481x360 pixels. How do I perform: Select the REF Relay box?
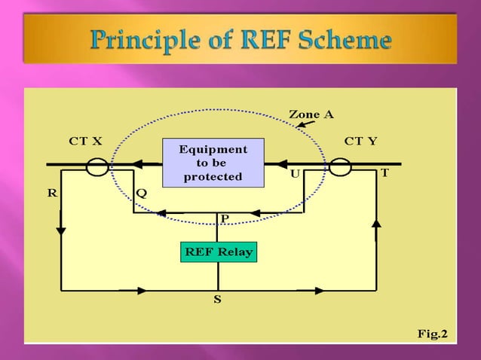click(x=218, y=252)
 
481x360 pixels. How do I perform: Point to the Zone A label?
click(x=311, y=114)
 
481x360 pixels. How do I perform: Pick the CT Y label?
click(x=360, y=141)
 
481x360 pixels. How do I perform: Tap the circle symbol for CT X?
click(x=97, y=166)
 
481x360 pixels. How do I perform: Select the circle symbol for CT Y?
click(x=340, y=166)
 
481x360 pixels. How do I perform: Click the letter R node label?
click(x=52, y=193)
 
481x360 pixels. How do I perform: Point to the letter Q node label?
click(x=141, y=193)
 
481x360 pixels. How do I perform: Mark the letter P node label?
click(x=224, y=218)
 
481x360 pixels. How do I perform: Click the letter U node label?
click(x=295, y=173)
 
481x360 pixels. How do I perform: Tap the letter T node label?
click(x=384, y=173)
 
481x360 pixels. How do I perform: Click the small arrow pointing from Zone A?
click(x=305, y=124)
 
